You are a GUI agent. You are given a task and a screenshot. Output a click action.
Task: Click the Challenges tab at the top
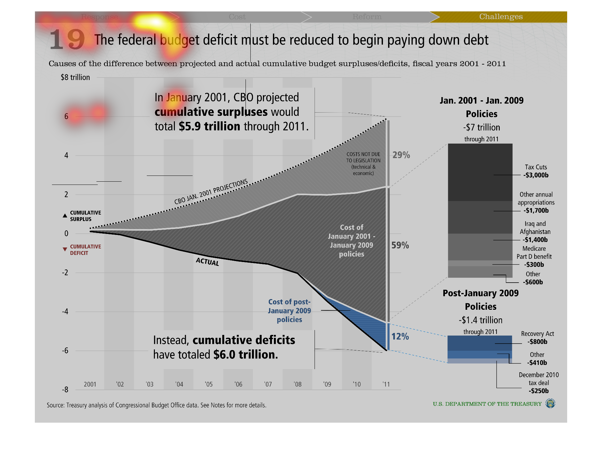pyautogui.click(x=501, y=17)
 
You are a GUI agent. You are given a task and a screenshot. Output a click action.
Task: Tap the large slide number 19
pyautogui.click(x=67, y=39)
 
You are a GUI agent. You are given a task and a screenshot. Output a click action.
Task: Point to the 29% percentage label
pyautogui.click(x=401, y=155)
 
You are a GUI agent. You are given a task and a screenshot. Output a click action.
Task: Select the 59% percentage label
pyautogui.click(x=400, y=246)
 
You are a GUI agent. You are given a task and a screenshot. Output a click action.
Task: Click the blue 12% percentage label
pyautogui.click(x=400, y=337)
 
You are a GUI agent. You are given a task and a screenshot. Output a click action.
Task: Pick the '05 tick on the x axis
pyautogui.click(x=209, y=384)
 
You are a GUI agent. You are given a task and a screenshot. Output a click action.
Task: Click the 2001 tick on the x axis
pyautogui.click(x=90, y=384)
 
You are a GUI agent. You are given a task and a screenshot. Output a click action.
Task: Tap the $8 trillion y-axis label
pyautogui.click(x=75, y=77)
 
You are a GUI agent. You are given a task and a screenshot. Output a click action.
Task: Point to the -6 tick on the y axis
pyautogui.click(x=65, y=351)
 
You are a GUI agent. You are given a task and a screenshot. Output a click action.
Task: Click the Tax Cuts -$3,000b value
pyautogui.click(x=536, y=175)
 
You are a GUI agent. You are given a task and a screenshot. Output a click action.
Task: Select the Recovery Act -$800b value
pyautogui.click(x=537, y=342)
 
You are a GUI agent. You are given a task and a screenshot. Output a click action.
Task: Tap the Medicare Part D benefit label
pyautogui.click(x=534, y=253)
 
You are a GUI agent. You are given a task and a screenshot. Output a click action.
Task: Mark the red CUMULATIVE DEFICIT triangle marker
pyautogui.click(x=65, y=249)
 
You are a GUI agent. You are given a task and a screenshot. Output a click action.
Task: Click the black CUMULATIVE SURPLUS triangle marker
pyautogui.click(x=65, y=216)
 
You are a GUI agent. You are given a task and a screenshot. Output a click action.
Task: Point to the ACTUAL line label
pyautogui.click(x=207, y=262)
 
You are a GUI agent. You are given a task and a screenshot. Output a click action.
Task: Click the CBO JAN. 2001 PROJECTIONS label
pyautogui.click(x=211, y=192)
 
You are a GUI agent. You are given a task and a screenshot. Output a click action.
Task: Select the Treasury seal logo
pyautogui.click(x=550, y=404)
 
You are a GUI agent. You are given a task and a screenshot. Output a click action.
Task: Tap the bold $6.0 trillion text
pyautogui.click(x=245, y=355)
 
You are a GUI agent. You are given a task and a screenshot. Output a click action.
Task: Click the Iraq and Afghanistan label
pyautogui.click(x=535, y=228)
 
